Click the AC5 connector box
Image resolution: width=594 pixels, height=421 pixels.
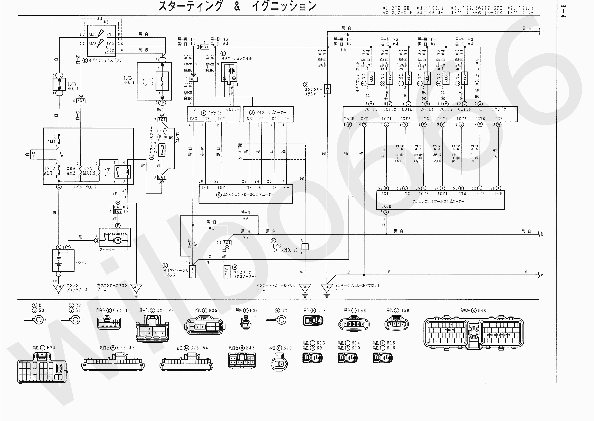tap(81, 101)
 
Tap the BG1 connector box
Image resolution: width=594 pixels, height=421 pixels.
tap(227, 243)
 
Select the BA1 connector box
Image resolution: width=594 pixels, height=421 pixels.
tap(162, 177)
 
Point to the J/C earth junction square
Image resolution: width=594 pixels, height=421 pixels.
tap(305, 247)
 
